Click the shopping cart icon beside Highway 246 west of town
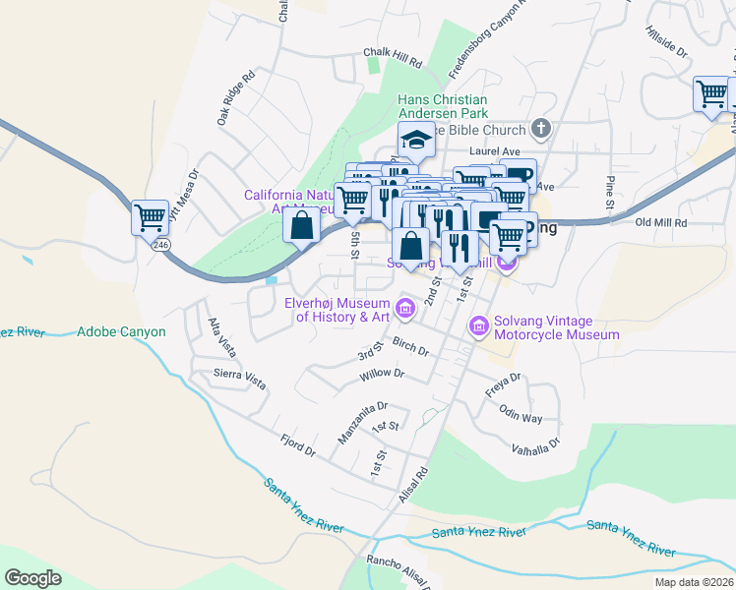(x=150, y=215)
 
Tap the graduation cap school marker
(x=416, y=141)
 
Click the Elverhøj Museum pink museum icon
(x=404, y=310)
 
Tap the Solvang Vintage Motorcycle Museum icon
(x=479, y=324)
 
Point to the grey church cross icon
(x=539, y=128)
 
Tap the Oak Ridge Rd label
(x=236, y=96)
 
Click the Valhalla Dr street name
(x=535, y=444)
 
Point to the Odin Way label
(x=521, y=413)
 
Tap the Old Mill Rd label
(x=661, y=223)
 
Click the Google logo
(x=32, y=577)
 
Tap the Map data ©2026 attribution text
(x=693, y=582)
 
